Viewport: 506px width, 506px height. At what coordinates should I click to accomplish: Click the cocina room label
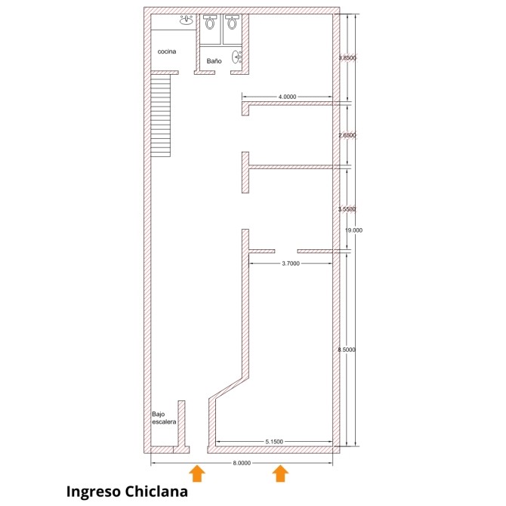coord(167,51)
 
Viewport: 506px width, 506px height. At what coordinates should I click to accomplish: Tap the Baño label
coord(214,61)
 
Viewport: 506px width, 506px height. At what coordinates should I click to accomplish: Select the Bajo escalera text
coord(164,418)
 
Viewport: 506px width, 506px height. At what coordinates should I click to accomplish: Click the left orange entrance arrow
coord(197,474)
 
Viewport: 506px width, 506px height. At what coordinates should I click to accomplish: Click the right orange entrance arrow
coord(280,474)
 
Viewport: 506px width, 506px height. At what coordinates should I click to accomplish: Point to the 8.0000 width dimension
coord(242,463)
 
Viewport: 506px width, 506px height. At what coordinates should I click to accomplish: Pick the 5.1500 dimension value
coord(274,442)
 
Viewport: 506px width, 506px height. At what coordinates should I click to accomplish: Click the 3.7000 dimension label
coord(291,264)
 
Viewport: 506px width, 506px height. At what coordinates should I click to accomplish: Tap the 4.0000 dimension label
coord(287,97)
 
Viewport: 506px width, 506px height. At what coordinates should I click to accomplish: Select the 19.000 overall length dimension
coord(353,230)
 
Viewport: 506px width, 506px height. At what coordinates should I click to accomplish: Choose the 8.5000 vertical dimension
coord(347,350)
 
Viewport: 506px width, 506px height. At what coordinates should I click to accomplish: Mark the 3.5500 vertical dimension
coord(347,209)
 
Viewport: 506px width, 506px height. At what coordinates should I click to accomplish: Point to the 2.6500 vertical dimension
coord(347,135)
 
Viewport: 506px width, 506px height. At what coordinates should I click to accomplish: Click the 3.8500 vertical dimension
coord(347,58)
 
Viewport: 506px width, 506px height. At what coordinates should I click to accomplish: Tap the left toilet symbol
coord(210,22)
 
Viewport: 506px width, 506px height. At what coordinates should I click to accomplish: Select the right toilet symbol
coord(231,22)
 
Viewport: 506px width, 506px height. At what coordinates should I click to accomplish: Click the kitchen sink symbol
coord(187,20)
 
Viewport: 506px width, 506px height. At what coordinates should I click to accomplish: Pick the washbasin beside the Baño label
coord(236,57)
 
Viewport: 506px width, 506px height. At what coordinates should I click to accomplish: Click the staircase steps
coord(160,116)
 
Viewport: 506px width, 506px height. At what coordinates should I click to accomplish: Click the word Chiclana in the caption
coord(156,492)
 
